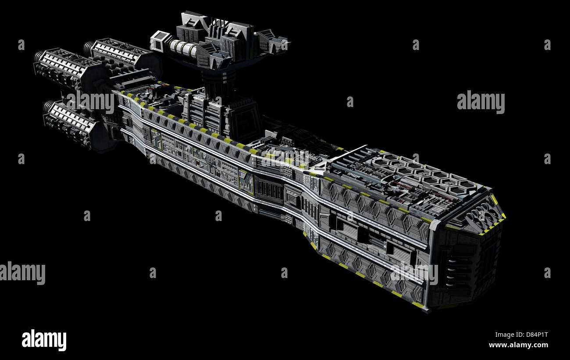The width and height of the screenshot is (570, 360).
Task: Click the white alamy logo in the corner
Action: pyautogui.click(x=44, y=340)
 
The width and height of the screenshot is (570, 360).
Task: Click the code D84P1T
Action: pyautogui.click(x=537, y=335)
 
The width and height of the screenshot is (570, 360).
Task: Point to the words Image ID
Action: pyautogui.click(x=509, y=335)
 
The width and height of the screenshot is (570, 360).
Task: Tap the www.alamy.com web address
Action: pyautogui.click(x=518, y=345)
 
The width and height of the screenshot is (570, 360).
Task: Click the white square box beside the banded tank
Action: pyautogui.click(x=159, y=41)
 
